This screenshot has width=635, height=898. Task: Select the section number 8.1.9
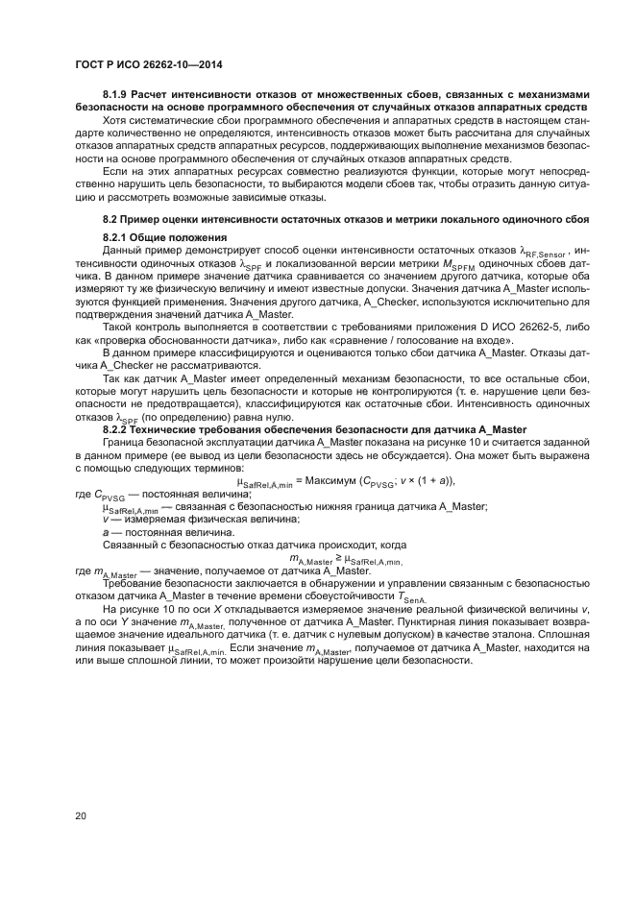point(117,94)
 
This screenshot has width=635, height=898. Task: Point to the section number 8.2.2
point(117,428)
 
